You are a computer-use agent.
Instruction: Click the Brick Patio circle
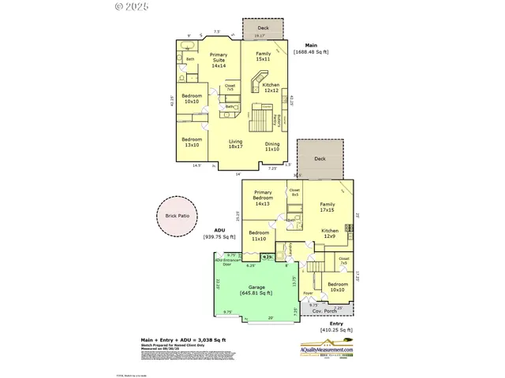click(x=178, y=214)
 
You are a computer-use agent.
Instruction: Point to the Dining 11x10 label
click(x=271, y=146)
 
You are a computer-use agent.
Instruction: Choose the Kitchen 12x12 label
click(x=271, y=87)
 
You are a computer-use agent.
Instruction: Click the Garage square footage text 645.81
click(x=256, y=293)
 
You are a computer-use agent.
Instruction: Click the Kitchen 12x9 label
click(x=330, y=234)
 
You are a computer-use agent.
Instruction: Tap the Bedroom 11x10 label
click(x=259, y=236)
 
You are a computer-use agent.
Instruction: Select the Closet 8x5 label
click(x=294, y=192)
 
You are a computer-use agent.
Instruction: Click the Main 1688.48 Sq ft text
click(x=310, y=48)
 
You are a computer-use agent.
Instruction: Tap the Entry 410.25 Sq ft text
click(x=335, y=326)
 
